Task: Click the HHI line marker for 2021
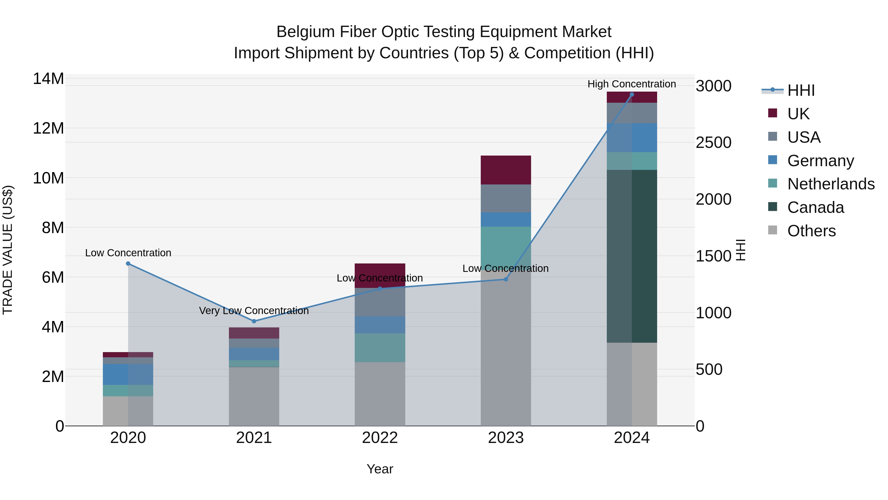tap(254, 321)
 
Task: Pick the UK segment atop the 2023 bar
tap(506, 170)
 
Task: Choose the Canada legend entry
tap(815, 207)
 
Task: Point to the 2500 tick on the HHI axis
tap(713, 142)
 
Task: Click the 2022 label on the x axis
tap(380, 438)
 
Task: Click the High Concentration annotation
tap(631, 84)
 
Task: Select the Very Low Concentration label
tap(254, 311)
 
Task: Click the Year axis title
tap(380, 469)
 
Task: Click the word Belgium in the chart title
tap(305, 32)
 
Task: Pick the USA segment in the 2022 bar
tap(380, 302)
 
